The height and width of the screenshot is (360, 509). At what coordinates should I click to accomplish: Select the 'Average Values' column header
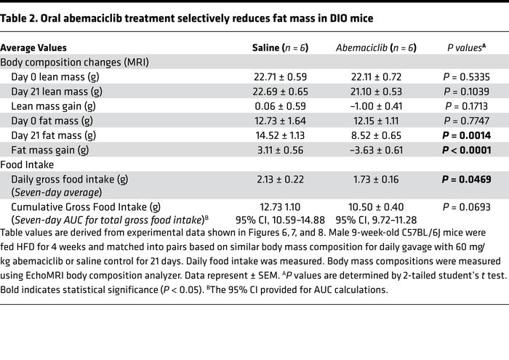(x=37, y=48)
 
